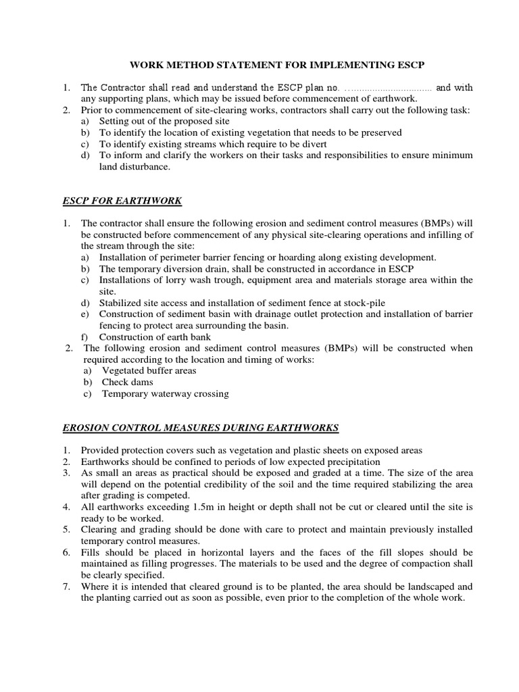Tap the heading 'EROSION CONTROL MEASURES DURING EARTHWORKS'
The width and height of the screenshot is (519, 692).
click(200, 428)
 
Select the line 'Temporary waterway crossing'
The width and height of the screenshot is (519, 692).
click(165, 393)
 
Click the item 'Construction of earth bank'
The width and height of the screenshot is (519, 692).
click(155, 337)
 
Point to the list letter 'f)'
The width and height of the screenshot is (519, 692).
click(85, 337)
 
